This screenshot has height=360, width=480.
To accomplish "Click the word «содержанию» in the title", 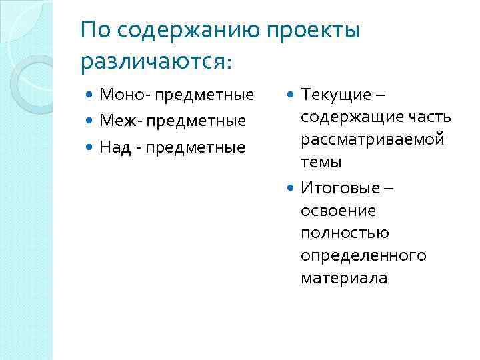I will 175,31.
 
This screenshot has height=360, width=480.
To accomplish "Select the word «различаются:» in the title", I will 156,61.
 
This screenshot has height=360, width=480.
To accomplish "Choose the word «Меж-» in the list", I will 121,121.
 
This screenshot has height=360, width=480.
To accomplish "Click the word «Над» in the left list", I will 113,146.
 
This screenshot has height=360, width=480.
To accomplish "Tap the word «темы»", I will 321,162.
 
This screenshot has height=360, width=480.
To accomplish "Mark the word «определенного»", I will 363,256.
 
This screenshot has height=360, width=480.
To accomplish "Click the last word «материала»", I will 343,278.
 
